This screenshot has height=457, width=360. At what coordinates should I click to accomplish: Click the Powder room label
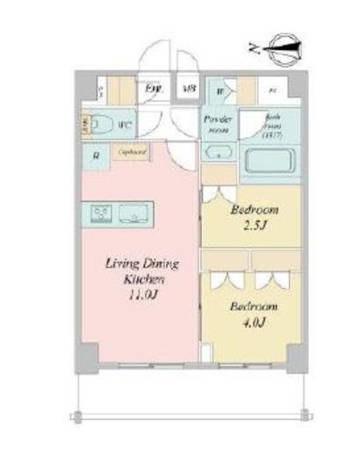[216, 123]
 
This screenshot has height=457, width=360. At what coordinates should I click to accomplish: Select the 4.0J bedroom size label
[255, 323]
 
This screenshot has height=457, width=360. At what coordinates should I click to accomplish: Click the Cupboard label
[131, 152]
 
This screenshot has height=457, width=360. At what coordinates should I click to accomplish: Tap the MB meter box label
[188, 89]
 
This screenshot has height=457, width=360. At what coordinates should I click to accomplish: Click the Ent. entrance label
[154, 89]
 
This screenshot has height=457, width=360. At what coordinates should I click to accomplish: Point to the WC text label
[125, 125]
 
